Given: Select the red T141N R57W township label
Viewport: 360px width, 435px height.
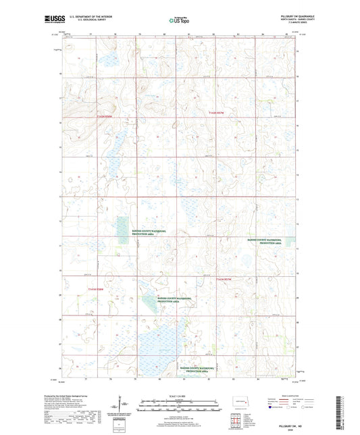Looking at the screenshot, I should pyautogui.click(x=224, y=278).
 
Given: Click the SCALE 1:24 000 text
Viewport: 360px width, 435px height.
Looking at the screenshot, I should pyautogui.click(x=179, y=395).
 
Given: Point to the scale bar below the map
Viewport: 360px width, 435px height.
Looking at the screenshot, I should pyautogui.click(x=179, y=408).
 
